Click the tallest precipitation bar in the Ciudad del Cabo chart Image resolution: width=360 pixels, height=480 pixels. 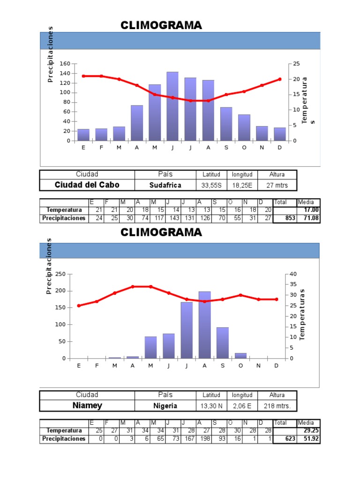172,106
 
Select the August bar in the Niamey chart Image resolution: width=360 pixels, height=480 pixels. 204,325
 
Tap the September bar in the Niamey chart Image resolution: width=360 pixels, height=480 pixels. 223,343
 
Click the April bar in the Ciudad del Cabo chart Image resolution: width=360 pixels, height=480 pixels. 137,123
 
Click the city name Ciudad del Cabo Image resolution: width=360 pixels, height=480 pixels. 87,185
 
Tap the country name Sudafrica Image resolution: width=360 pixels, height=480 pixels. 165,185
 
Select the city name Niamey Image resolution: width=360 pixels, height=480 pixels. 87,405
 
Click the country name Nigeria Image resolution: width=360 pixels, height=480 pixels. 165,406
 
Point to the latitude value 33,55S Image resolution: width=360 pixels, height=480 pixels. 211,185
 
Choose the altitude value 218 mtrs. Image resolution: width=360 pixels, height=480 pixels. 277,406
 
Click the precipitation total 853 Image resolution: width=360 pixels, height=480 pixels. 290,218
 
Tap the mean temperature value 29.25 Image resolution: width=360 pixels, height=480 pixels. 311,430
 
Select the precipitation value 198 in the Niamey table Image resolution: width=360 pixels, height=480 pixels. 205,439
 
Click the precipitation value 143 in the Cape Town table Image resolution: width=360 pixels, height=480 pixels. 174,218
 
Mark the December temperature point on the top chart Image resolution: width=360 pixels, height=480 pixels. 280,79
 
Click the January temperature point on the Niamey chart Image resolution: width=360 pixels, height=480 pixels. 79,306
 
